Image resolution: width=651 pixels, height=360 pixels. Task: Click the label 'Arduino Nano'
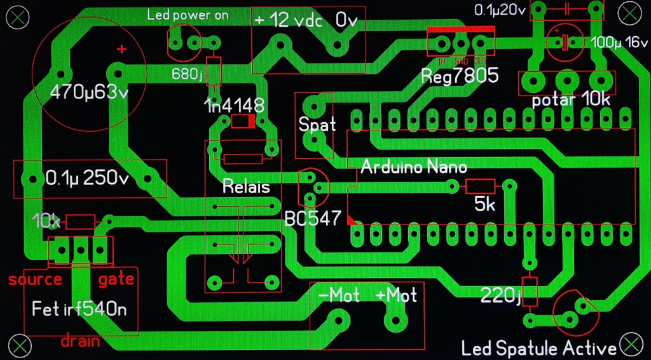click(x=414, y=167)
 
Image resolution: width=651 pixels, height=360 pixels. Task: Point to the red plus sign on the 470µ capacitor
click(x=121, y=49)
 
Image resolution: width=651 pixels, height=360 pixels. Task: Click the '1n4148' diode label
click(x=234, y=106)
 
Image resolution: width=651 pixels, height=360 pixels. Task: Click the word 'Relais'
click(x=246, y=187)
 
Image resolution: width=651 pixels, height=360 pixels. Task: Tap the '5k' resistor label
click(x=486, y=205)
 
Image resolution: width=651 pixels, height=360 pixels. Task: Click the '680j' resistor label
click(x=187, y=74)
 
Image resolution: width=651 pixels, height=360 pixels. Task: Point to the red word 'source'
click(x=35, y=279)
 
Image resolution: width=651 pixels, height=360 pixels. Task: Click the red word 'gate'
click(x=116, y=279)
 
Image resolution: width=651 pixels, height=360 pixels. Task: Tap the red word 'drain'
click(x=81, y=341)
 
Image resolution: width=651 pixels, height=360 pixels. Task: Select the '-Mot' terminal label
click(x=339, y=295)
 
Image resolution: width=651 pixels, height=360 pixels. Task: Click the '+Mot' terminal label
click(x=397, y=295)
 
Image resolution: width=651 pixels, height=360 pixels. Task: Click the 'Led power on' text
click(x=188, y=15)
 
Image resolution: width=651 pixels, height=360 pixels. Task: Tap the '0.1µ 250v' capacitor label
click(x=87, y=178)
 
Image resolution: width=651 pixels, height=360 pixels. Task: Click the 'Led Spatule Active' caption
click(x=539, y=349)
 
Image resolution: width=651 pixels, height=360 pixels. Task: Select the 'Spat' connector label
click(x=317, y=124)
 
